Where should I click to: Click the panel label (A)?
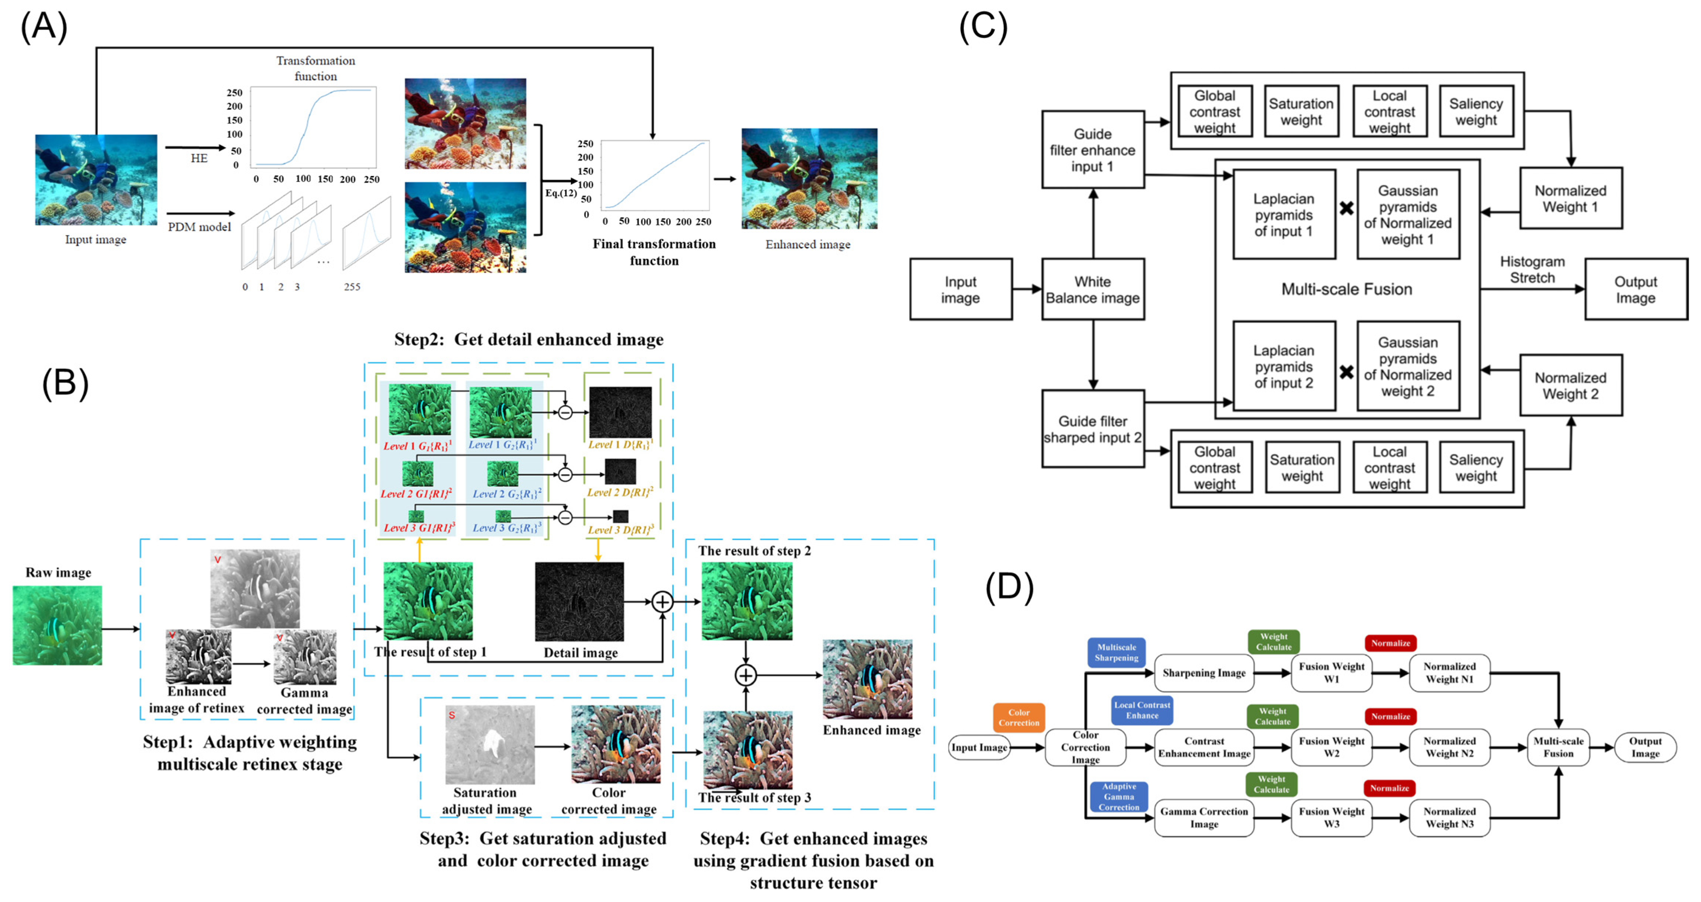[44, 28]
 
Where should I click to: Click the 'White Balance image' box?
[1092, 289]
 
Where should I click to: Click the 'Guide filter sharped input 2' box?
[1092, 429]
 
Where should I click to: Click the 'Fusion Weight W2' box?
[1331, 747]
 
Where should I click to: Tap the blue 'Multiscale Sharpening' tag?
[1116, 653]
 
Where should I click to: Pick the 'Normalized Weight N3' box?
[1449, 817]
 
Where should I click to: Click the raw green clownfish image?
[58, 625]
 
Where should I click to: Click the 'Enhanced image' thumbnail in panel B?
[867, 679]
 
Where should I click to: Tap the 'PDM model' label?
[199, 227]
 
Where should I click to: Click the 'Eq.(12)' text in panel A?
[560, 193]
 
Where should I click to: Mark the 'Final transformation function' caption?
[654, 252]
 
